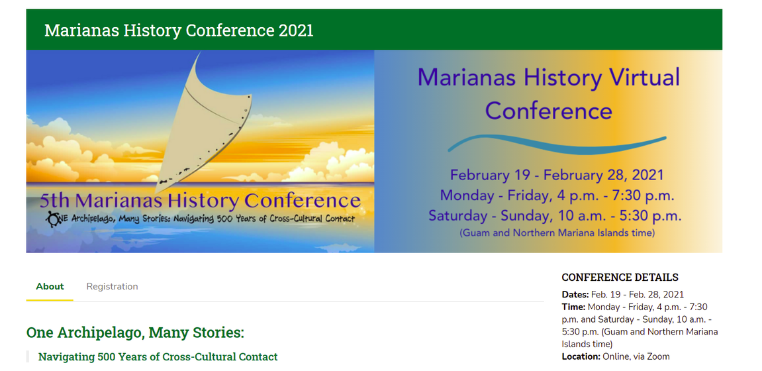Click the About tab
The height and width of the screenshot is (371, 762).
point(50,286)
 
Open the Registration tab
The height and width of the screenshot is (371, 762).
point(113,286)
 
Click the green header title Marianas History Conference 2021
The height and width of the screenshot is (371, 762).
point(179,30)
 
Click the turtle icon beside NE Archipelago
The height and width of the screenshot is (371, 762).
point(52,219)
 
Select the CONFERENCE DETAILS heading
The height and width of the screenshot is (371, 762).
point(620,278)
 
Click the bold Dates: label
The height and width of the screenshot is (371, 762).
point(575,295)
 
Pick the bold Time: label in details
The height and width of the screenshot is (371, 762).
point(573,307)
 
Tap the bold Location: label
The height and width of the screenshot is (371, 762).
point(581,356)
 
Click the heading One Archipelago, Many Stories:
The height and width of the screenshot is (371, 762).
point(135,333)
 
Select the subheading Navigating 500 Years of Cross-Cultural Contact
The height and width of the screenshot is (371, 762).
point(158,357)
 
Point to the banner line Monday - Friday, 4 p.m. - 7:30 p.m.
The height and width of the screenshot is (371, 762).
point(557,195)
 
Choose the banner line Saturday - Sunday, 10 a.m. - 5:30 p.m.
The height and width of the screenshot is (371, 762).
point(555,215)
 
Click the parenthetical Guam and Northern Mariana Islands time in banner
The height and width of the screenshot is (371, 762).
point(557,233)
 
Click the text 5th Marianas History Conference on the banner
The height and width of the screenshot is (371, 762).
point(200,201)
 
